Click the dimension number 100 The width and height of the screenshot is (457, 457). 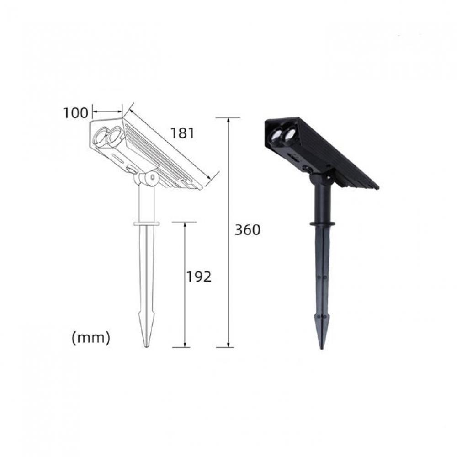[75, 113]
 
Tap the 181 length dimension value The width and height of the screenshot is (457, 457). [182, 133]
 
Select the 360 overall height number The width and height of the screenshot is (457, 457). [247, 230]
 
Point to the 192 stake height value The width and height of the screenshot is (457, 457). [199, 276]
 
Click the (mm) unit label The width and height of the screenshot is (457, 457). [91, 338]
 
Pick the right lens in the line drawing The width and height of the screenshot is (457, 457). [115, 134]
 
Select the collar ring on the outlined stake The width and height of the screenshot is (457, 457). [146, 224]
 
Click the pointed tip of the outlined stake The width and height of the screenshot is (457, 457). [147, 345]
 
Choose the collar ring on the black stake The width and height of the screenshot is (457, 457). [322, 224]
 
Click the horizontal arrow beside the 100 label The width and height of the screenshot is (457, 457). [107, 111]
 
